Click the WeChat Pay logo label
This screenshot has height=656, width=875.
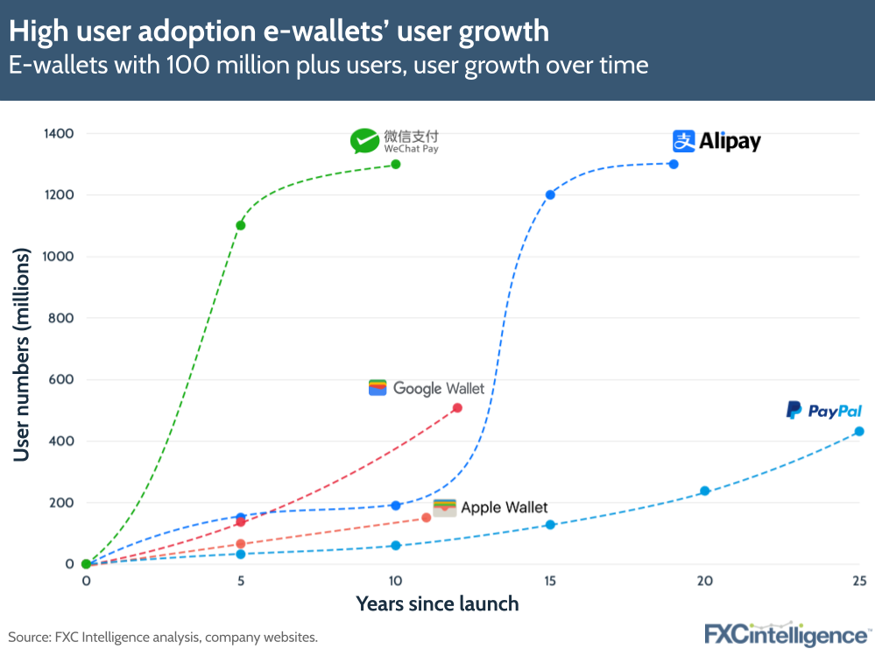click(x=394, y=141)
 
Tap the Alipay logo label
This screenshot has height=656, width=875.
click(x=716, y=141)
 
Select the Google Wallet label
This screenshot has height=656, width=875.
click(x=427, y=388)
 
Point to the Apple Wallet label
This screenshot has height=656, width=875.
click(x=491, y=507)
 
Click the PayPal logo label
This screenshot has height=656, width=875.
click(x=823, y=411)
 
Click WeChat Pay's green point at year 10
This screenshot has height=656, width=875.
click(x=396, y=165)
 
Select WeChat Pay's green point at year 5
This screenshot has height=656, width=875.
click(x=241, y=226)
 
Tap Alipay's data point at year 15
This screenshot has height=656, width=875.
click(x=550, y=194)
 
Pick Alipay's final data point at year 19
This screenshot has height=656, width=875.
click(x=674, y=165)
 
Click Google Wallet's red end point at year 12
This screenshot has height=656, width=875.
click(x=457, y=408)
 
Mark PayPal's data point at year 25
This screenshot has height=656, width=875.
click(x=859, y=432)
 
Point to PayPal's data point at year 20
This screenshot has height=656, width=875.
click(x=704, y=491)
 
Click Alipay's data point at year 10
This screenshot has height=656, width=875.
click(x=396, y=505)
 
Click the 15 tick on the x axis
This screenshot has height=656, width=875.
click(x=550, y=581)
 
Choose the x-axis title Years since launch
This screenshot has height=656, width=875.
click(x=437, y=604)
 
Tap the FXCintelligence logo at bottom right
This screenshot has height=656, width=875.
click(x=787, y=634)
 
